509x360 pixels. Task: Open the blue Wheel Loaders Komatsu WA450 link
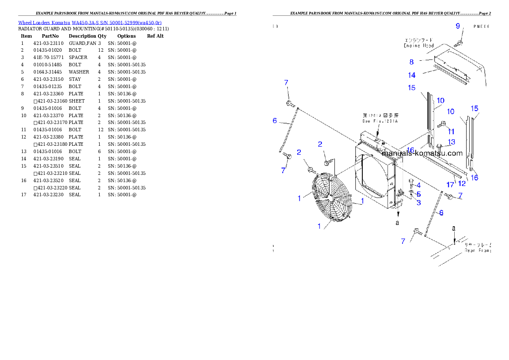[x=90, y=23]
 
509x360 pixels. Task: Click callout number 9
[x=458, y=27]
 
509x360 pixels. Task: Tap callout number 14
[x=411, y=75]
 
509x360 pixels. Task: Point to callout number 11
[x=451, y=132]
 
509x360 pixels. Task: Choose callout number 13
[x=452, y=142]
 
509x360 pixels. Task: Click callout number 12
[x=462, y=184]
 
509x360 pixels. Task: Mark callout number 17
[x=450, y=185]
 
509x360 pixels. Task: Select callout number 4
[x=418, y=186]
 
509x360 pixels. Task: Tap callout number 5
[x=418, y=194]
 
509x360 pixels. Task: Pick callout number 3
[x=418, y=202]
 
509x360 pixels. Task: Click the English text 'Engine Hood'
[x=419, y=45]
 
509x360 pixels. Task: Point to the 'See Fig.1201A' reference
[x=380, y=121]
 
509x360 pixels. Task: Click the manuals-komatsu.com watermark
[x=422, y=153]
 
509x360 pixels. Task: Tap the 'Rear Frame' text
[x=477, y=251]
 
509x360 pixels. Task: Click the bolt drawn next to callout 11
[x=443, y=124]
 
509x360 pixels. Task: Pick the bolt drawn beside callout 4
[x=411, y=183]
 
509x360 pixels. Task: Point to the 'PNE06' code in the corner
[x=481, y=26]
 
